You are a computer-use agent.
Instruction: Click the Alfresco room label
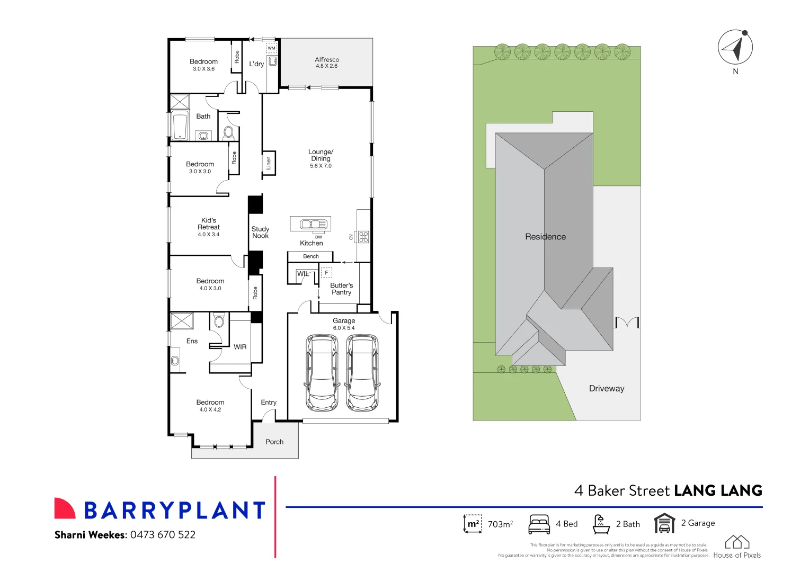click(327, 60)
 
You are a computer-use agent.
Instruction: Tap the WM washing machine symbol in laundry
click(271, 48)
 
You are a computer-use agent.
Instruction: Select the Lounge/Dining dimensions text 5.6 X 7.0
click(321, 166)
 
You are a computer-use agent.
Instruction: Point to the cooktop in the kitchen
click(363, 237)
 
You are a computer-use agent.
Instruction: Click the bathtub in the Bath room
click(180, 126)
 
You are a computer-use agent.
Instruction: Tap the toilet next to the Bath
click(229, 132)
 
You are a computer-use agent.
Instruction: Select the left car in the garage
click(322, 372)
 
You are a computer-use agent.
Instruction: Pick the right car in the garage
click(362, 372)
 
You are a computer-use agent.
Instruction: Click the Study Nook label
click(260, 233)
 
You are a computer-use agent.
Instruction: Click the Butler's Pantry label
click(341, 289)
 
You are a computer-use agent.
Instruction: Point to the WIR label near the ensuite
click(240, 347)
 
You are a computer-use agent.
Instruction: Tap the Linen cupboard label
click(269, 163)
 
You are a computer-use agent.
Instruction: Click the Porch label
click(274, 442)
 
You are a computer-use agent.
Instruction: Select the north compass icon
click(735, 47)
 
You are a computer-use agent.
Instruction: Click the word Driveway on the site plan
click(607, 388)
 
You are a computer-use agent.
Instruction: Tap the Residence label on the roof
click(545, 237)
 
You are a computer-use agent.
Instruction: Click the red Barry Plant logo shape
click(65, 508)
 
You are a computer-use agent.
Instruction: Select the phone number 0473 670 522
click(163, 535)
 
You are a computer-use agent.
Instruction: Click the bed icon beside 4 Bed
click(539, 524)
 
